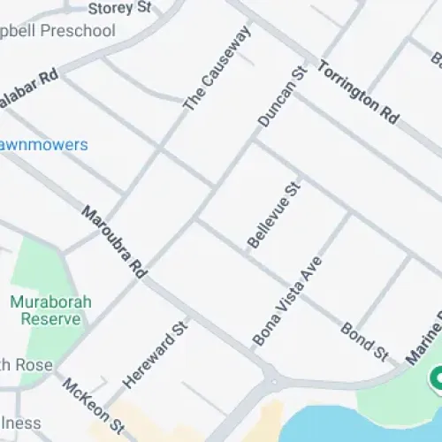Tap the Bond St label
point(364,341)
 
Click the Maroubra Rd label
point(113,243)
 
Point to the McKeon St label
point(92,405)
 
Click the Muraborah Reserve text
point(50,309)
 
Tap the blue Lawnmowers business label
point(44,144)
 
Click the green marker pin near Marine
point(435,379)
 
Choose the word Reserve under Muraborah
point(50,318)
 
